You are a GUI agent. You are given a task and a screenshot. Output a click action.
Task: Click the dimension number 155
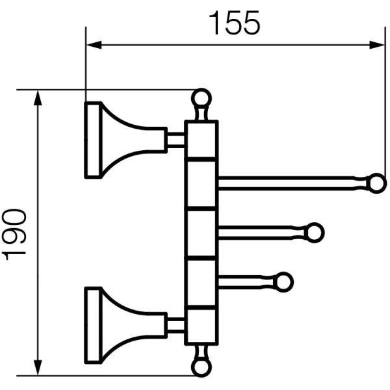[235, 23]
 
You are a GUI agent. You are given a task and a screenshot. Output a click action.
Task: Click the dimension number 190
[14, 234]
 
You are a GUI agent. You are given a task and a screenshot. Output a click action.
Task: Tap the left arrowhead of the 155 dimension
[92, 45]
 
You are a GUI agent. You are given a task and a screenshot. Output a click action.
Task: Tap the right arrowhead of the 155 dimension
[380, 45]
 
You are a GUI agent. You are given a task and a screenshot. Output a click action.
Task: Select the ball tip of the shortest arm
[284, 281]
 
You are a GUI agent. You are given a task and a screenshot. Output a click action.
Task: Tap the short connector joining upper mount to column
[175, 140]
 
